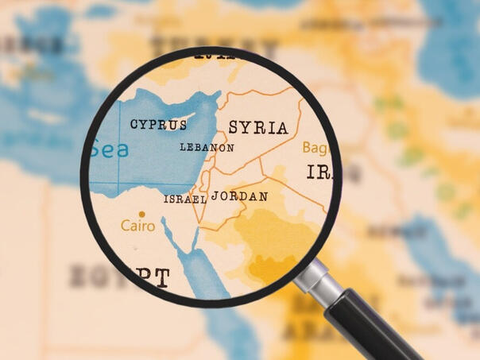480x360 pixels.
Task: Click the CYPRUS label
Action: (159, 125)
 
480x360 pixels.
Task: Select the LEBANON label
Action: (207, 148)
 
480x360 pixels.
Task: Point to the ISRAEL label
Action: (184, 199)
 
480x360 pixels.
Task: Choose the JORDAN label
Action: (239, 195)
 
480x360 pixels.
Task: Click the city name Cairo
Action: (137, 226)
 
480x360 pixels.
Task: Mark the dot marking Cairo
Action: (142, 214)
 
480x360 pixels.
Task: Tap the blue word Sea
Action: (109, 149)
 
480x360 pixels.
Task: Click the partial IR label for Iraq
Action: (319, 172)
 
